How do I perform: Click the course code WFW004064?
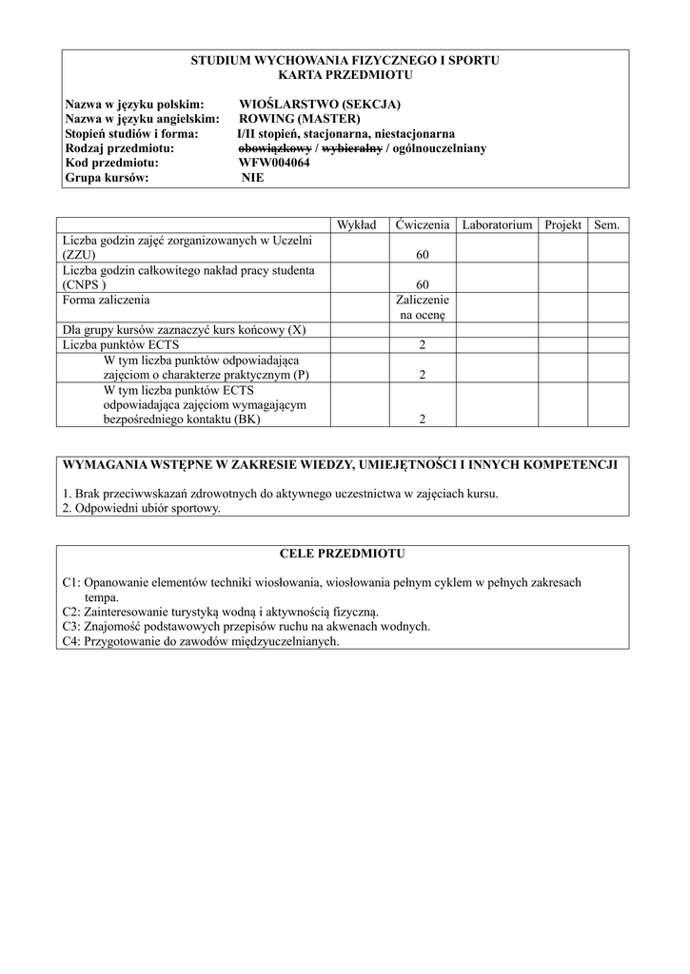click(274, 163)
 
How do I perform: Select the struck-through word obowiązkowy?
click(274, 148)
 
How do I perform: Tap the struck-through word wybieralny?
click(352, 148)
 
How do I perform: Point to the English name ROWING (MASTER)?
click(300, 119)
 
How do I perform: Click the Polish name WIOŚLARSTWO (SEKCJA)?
click(319, 104)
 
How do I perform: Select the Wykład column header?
click(358, 225)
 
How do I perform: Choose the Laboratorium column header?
click(497, 225)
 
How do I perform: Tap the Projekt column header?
click(563, 225)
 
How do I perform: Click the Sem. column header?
click(606, 225)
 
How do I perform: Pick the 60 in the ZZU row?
click(423, 255)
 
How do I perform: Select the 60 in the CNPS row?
click(423, 285)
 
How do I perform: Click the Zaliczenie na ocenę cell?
click(423, 306)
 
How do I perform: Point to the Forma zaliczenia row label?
click(106, 300)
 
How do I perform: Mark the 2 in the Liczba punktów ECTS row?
click(423, 344)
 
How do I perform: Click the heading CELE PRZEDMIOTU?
click(343, 553)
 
